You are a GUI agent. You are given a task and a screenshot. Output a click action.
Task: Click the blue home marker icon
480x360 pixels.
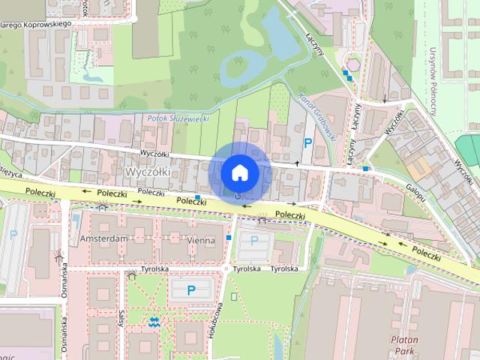pyautogui.click(x=239, y=172)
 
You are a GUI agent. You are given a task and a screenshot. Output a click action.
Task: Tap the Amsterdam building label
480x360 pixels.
pyautogui.click(x=103, y=238)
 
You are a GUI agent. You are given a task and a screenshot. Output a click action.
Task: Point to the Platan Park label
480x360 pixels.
pyautogui.click(x=403, y=344)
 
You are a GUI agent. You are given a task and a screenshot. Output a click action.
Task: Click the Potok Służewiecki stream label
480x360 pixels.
pyautogui.click(x=178, y=118)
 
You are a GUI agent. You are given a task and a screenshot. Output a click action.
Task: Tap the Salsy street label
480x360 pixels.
pyautogui.click(x=120, y=319)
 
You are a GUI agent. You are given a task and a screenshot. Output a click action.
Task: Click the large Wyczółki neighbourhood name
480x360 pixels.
pyautogui.click(x=148, y=172)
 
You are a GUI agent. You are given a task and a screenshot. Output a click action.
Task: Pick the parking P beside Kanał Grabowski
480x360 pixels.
pyautogui.click(x=307, y=142)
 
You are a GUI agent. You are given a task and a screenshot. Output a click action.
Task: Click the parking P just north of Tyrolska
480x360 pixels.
pyautogui.click(x=253, y=240)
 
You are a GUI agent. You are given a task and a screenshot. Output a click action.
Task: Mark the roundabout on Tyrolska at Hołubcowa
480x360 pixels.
pyautogui.click(x=226, y=268)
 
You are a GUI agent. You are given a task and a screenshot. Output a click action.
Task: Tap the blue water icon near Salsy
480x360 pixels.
pyautogui.click(x=154, y=322)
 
